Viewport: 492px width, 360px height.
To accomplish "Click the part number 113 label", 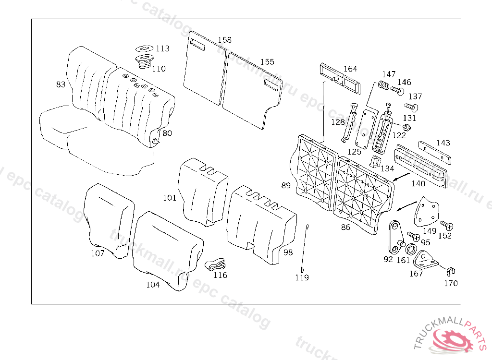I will coord(162,48).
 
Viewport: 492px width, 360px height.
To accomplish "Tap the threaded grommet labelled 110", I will coord(144,61).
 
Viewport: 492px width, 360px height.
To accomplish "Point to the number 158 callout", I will coord(224,40).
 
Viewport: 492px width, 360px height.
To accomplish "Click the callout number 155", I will coord(267,62).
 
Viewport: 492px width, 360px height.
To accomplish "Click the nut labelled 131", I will coord(406,127).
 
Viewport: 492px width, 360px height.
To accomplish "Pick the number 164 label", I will coord(350,69).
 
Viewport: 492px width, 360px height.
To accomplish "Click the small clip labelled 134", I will coord(376,161).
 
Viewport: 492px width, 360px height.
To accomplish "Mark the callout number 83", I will coord(61,84).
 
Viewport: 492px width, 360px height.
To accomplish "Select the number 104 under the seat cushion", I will coord(153,285).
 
